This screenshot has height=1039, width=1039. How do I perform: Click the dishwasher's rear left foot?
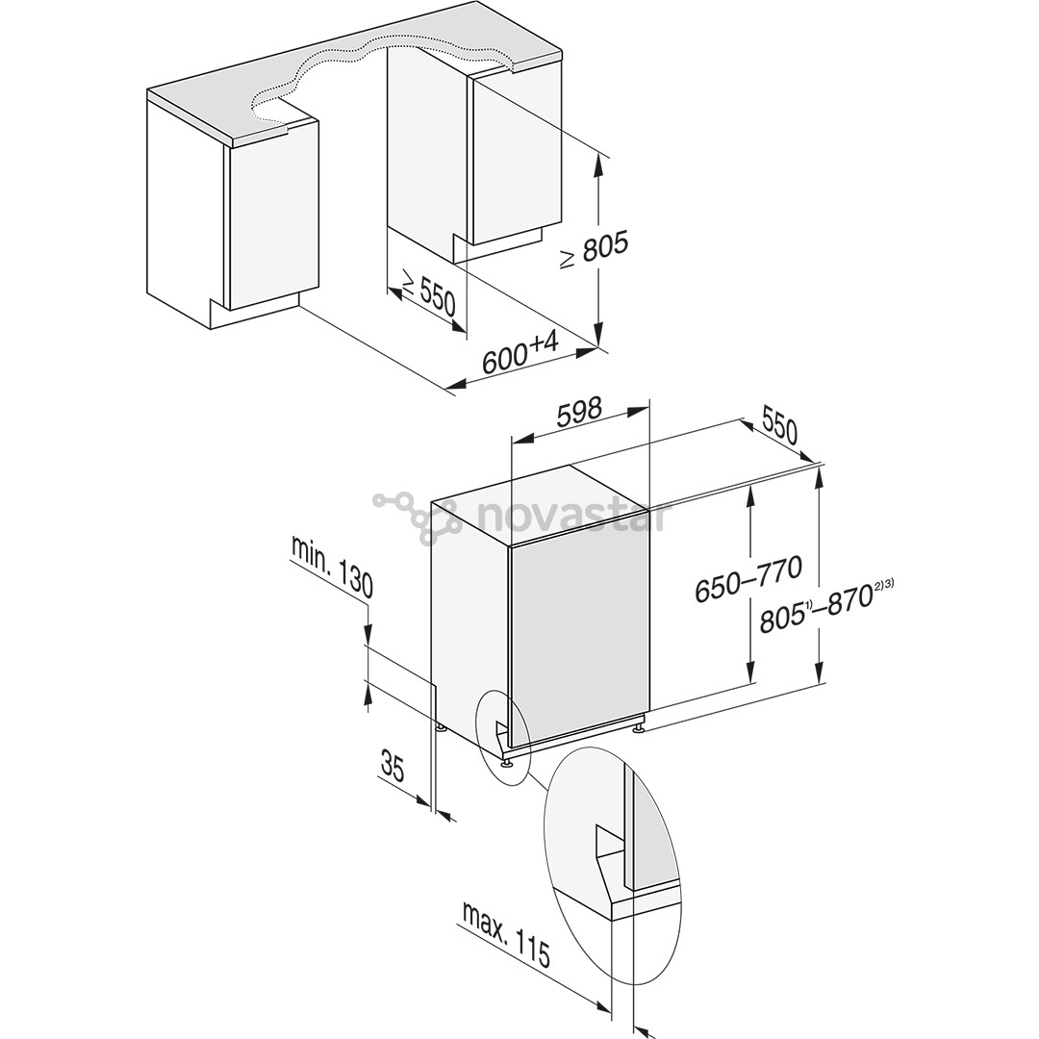439,728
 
